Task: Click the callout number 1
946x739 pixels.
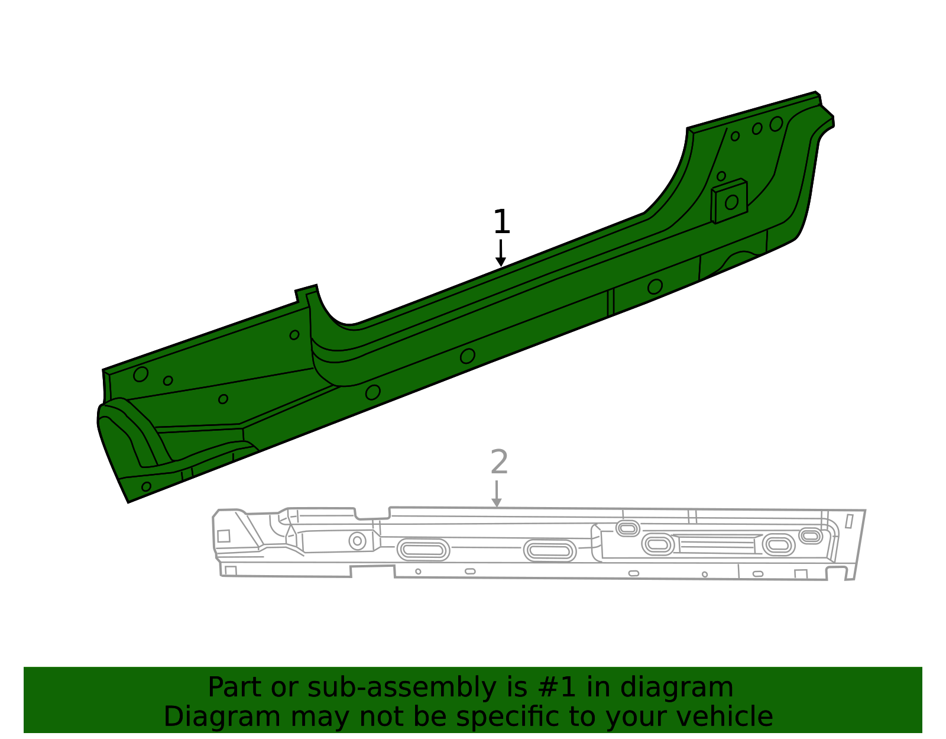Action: point(501,221)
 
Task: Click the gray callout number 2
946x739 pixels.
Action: point(499,462)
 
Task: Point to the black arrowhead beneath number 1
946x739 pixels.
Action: point(501,262)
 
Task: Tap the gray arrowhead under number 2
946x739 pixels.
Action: point(497,503)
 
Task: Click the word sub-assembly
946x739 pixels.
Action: point(402,688)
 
